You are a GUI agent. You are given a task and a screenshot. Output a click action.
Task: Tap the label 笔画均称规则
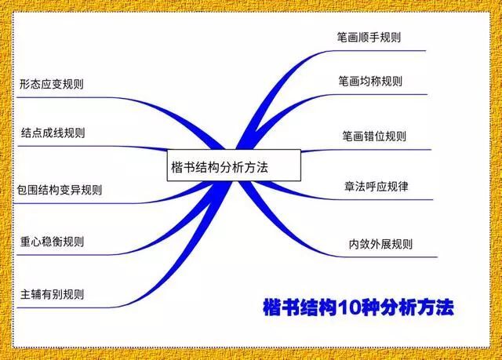[x=370, y=82]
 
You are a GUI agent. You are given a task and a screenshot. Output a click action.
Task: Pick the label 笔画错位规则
[x=374, y=136]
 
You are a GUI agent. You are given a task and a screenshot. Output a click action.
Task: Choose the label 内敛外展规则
[x=380, y=244]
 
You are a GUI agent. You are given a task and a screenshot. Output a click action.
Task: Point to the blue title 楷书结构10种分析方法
[x=358, y=307]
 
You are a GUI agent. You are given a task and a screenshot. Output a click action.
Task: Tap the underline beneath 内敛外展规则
[x=384, y=256]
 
